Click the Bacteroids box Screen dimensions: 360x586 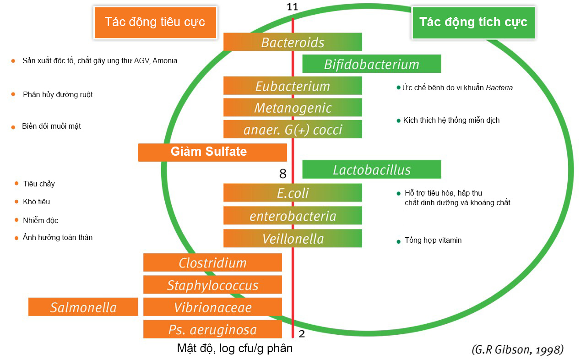(293, 42)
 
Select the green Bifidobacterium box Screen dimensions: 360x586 (371, 64)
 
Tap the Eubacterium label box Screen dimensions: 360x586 (293, 86)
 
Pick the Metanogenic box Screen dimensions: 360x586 (293, 108)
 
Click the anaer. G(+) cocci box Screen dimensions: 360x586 (293, 130)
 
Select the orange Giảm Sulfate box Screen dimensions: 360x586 (212, 152)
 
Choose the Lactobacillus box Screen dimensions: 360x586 (371, 169)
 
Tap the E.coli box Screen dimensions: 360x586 (293, 193)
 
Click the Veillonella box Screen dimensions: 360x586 (293, 239)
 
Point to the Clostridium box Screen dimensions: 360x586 (212, 263)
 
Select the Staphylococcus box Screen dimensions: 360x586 (212, 285)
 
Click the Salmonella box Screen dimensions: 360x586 (83, 307)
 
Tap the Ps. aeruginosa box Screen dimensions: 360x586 (212, 329)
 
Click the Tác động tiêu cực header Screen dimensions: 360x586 (155, 22)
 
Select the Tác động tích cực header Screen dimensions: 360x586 (473, 22)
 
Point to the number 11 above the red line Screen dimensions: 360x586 (293, 7)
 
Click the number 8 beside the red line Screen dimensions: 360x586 (283, 174)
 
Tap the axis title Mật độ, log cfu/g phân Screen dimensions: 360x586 (234, 349)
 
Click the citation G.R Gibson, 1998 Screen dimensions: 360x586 (517, 350)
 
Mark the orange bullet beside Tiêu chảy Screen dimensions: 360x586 (16, 183)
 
